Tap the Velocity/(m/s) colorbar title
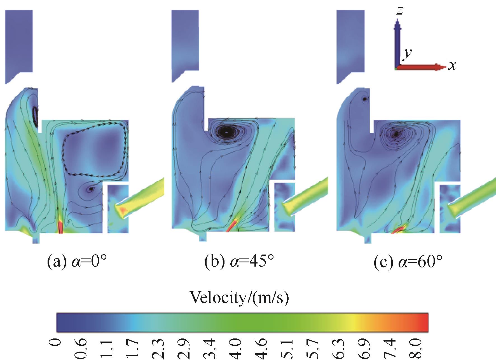(240, 298)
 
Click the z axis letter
(400, 10)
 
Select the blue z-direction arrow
(397, 42)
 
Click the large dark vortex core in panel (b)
(227, 131)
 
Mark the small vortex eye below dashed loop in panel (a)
(90, 189)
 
